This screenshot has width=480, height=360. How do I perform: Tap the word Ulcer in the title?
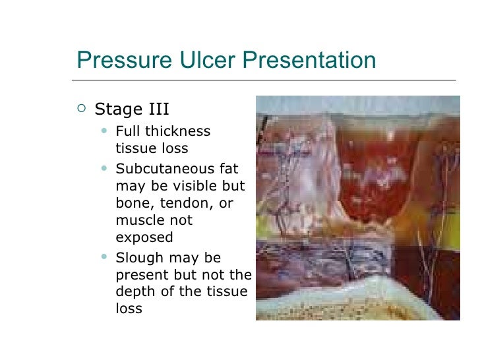coord(198,61)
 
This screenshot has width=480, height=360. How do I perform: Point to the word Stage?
coord(118,107)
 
